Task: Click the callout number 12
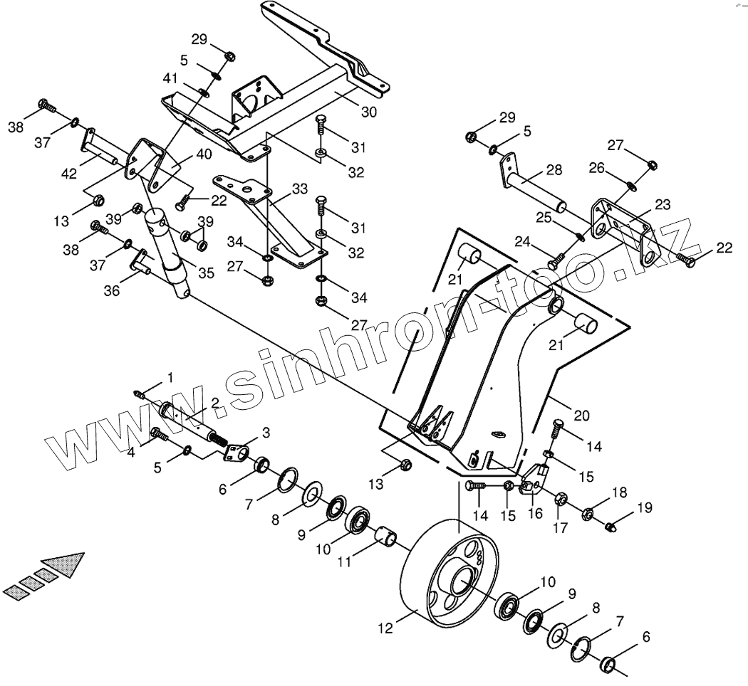point(385,628)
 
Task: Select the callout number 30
point(369,112)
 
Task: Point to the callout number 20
point(582,416)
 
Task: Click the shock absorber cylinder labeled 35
point(170,249)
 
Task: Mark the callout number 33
point(300,189)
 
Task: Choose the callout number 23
point(663,204)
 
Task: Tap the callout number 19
point(644,507)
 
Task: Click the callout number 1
point(170,375)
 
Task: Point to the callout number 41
point(170,78)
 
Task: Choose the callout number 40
point(204,154)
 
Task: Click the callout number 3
point(266,432)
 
